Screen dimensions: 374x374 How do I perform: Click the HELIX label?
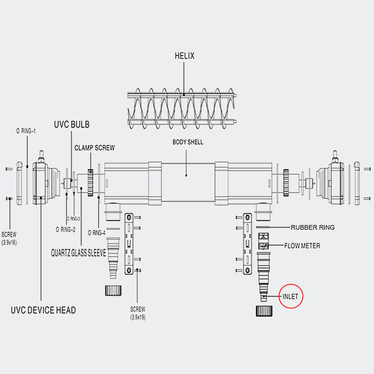[184, 56]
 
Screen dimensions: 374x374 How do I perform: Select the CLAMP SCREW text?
[94, 148]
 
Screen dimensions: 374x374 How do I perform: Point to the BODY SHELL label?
[188, 142]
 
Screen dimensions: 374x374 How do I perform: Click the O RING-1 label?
[26, 131]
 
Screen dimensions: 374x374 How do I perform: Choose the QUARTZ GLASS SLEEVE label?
[79, 253]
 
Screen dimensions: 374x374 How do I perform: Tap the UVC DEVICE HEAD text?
[43, 310]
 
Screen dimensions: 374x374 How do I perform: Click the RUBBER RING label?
[313, 227]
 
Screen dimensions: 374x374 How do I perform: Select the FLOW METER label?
[302, 246]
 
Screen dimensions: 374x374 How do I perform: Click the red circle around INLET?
[291, 297]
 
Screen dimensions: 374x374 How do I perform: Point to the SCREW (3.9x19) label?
[138, 313]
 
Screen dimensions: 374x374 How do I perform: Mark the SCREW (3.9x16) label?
[9, 238]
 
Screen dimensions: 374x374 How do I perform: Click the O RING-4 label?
[96, 233]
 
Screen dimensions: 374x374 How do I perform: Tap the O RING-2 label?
[65, 230]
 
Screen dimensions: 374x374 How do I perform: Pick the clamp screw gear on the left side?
[90, 183]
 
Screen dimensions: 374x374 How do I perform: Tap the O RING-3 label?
[74, 218]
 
